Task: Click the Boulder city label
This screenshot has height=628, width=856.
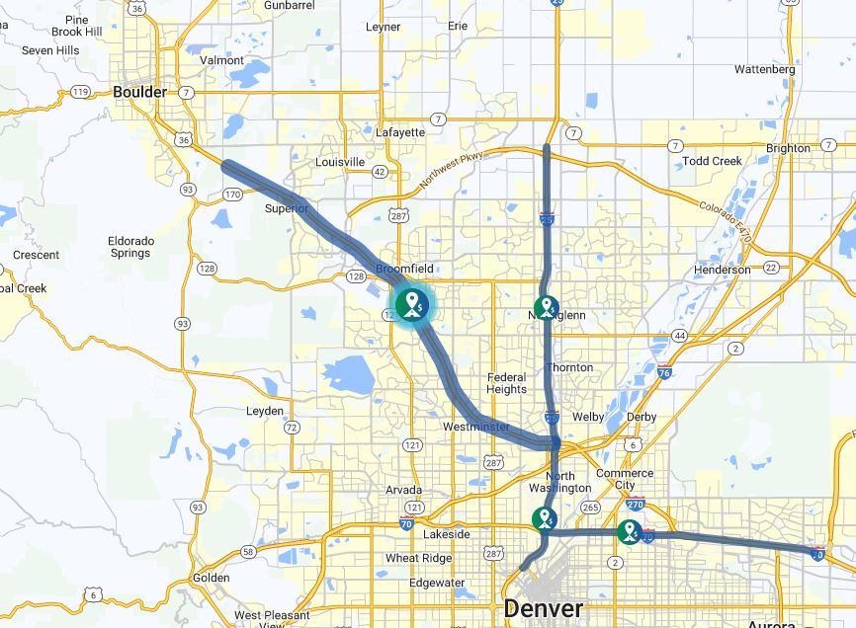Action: tap(139, 92)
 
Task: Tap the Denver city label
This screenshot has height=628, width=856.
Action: tap(543, 608)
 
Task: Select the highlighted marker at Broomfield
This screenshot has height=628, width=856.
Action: tap(413, 303)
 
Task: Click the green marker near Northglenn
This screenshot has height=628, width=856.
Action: tap(546, 308)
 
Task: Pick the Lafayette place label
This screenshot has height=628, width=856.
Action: tap(400, 132)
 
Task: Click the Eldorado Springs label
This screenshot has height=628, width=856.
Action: tap(130, 247)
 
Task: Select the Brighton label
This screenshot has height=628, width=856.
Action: tap(788, 148)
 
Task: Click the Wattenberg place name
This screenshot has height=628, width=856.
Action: tap(765, 70)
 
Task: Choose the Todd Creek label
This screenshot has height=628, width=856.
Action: tap(712, 161)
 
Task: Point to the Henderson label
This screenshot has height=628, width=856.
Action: tap(723, 270)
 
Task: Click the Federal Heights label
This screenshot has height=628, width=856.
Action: tap(507, 383)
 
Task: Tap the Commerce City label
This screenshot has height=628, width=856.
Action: tap(625, 480)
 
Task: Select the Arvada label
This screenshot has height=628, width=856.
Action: tap(403, 490)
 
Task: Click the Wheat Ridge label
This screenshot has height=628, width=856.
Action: tap(418, 558)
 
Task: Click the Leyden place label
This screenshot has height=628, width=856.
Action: tap(264, 411)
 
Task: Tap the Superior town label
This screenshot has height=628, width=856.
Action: tap(287, 208)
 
